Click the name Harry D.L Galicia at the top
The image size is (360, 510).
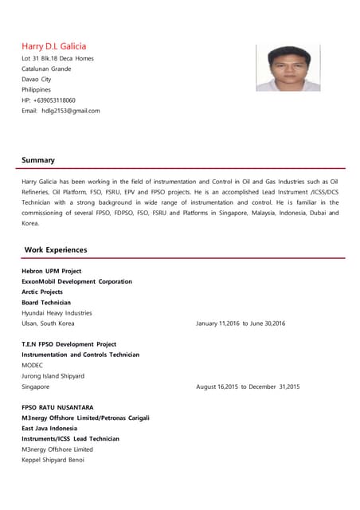(x=53, y=46)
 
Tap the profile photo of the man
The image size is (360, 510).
(x=288, y=68)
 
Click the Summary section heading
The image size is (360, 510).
(x=38, y=160)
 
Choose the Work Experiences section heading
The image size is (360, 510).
(x=56, y=249)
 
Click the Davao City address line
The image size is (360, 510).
(x=37, y=80)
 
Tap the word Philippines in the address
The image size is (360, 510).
(x=37, y=90)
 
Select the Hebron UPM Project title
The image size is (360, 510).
(x=52, y=271)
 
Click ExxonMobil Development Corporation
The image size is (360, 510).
(x=76, y=281)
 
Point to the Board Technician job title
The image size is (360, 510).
(x=46, y=303)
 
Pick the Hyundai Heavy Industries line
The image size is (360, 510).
(x=57, y=313)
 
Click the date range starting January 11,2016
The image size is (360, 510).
(x=241, y=324)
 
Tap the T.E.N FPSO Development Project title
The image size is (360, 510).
(x=68, y=344)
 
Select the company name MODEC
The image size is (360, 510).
(x=33, y=365)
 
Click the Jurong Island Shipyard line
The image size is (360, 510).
(x=53, y=375)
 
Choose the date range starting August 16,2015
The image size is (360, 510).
(x=248, y=386)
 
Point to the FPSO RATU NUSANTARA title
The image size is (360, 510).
(x=57, y=407)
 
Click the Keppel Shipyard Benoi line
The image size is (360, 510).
(x=53, y=460)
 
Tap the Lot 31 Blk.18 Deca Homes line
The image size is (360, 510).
(x=57, y=58)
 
